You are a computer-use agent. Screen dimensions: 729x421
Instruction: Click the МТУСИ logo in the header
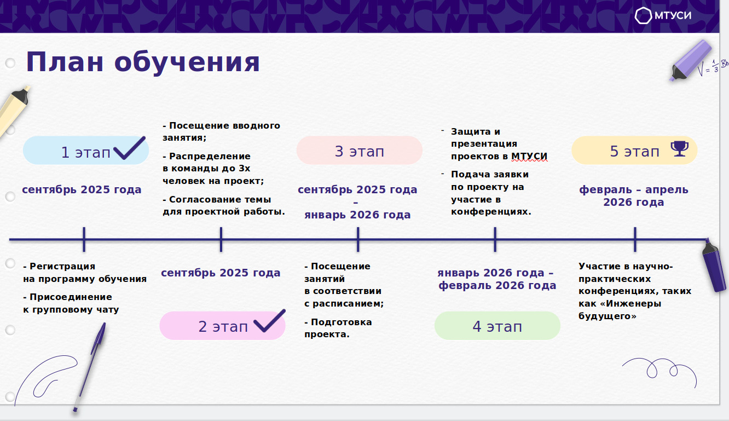(663, 15)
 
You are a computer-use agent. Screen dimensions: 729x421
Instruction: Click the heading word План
(65, 62)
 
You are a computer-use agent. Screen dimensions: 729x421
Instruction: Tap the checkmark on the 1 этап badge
(129, 148)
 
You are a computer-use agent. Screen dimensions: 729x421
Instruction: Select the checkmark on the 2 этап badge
(269, 321)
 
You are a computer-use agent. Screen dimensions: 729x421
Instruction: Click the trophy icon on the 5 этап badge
(680, 149)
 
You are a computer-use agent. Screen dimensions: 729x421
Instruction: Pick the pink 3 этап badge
(359, 151)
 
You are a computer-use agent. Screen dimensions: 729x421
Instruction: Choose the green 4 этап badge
(497, 326)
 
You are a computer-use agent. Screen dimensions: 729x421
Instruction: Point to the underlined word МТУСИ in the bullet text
(529, 156)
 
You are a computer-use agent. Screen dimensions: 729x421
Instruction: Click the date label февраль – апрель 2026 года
(634, 195)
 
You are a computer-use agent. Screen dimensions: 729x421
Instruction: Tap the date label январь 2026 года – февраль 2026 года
(497, 279)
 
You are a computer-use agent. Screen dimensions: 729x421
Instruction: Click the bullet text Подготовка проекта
(338, 328)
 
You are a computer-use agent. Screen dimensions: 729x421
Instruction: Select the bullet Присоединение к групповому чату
(71, 303)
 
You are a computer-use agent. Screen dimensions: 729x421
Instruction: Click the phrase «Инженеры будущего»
(620, 310)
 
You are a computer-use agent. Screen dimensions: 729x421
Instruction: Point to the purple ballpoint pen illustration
(90, 367)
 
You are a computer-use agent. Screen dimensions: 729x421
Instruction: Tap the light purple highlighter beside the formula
(690, 60)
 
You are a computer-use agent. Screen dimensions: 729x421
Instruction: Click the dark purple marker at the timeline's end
(714, 265)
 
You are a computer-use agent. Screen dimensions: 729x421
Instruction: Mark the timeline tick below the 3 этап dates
(358, 239)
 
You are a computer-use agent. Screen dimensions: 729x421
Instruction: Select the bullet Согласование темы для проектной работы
(224, 205)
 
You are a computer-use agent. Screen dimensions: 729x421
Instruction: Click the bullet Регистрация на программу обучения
(85, 273)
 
